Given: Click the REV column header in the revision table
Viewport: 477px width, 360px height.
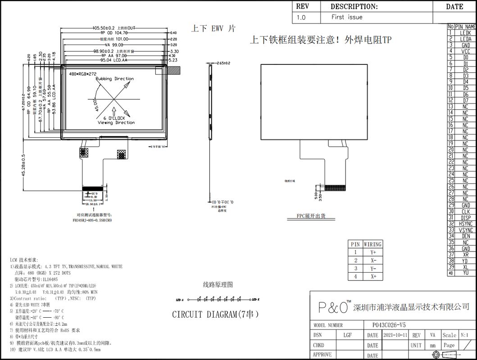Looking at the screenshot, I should pos(301,7).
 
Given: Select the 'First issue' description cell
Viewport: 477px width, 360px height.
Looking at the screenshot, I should pos(346,18).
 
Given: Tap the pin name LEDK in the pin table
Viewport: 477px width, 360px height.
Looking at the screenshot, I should pos(466,33).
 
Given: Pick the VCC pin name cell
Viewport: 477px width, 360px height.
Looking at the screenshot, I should pos(466,51).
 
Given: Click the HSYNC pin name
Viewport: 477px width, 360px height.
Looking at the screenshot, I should pos(466,224).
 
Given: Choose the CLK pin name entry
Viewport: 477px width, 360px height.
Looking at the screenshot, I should pos(466,211).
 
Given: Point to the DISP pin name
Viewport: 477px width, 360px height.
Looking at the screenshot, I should pos(466,218).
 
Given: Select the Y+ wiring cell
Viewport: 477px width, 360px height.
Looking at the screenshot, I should pos(373,252).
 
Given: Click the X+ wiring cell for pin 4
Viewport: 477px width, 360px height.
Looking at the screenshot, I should pos(373,277).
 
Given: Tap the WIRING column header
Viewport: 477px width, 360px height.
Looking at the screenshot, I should pos(373,244).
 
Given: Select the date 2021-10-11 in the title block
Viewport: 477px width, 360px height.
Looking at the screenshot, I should pos(395,335).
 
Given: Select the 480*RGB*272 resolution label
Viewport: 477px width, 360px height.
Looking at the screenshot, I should pos(83,73).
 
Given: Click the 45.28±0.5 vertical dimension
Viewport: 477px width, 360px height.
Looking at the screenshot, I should pos(23,166).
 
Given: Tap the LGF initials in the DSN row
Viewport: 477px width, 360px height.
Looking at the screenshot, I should pos(347,335).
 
